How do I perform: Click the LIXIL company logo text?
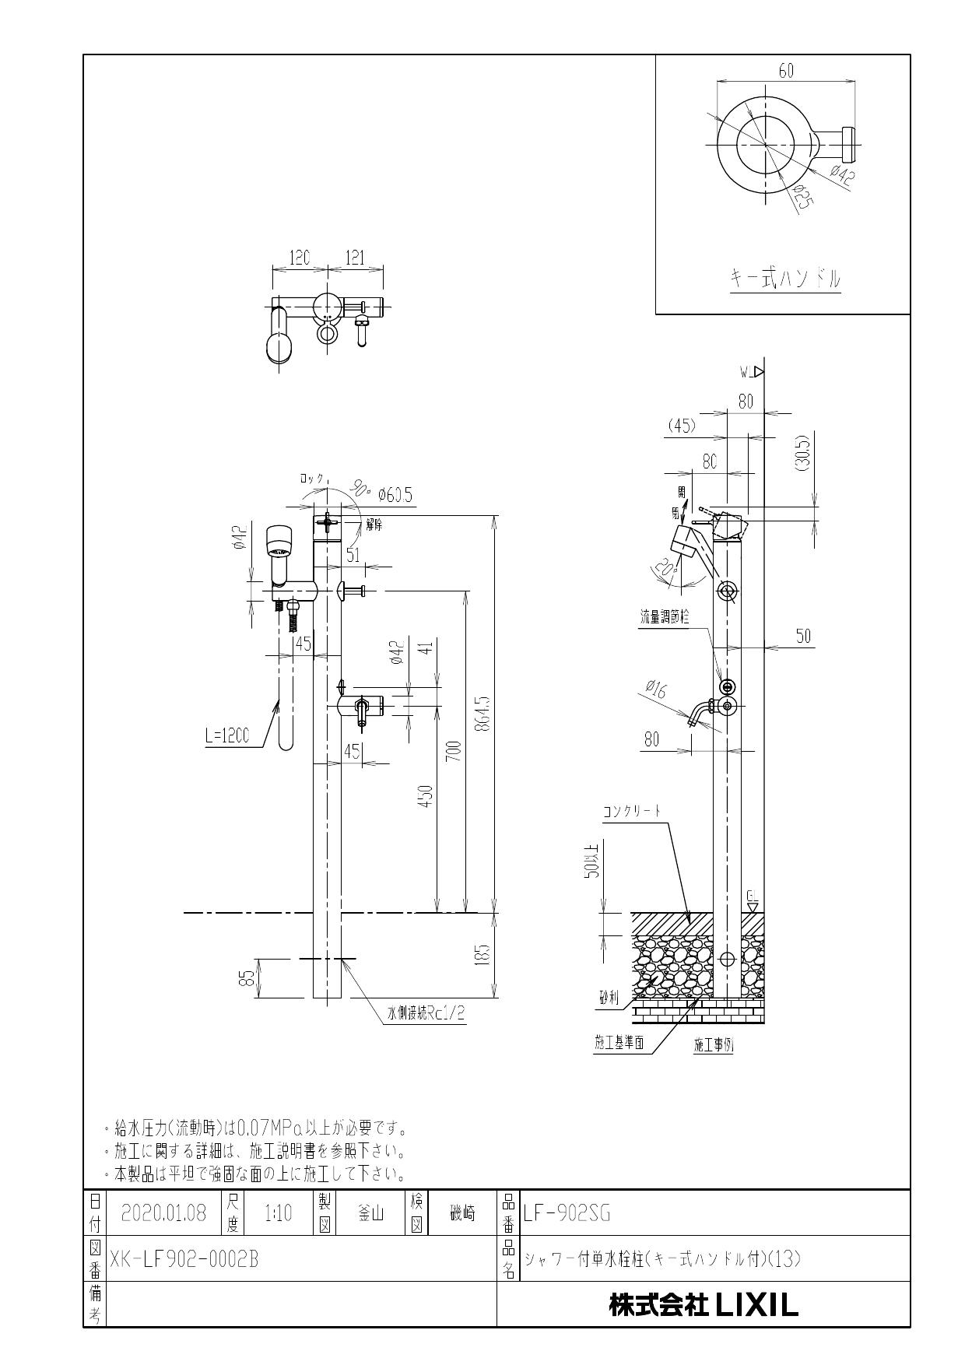click(x=704, y=1305)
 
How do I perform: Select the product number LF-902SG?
click(x=567, y=1212)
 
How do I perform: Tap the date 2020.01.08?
click(x=164, y=1212)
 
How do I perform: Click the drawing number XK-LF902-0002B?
click(x=184, y=1259)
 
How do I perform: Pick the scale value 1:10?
click(x=278, y=1212)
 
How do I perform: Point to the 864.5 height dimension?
click(x=485, y=713)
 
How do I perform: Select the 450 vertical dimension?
click(x=426, y=796)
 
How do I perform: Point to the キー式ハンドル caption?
click(x=784, y=278)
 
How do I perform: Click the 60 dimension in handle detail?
click(x=785, y=71)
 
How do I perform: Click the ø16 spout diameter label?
click(x=655, y=688)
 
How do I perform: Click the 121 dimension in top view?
click(x=355, y=258)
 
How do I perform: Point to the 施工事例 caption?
click(x=713, y=1045)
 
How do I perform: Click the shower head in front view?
click(x=279, y=542)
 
